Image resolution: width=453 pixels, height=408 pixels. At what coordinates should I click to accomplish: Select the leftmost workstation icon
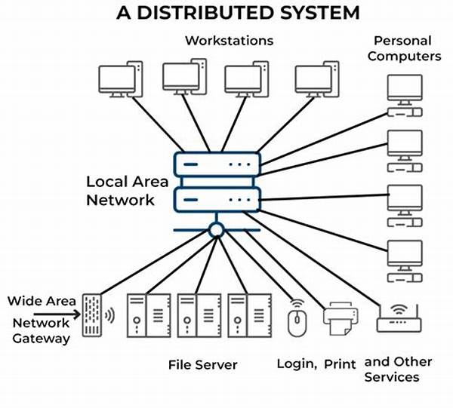[120, 79]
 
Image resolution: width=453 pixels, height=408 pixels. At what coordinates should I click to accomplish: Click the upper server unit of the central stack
[217, 164]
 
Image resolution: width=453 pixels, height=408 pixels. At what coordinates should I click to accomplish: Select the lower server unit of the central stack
[217, 199]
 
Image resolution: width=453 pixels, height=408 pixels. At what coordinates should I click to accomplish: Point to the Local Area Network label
[120, 191]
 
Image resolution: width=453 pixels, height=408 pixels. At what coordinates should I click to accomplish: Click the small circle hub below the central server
[217, 229]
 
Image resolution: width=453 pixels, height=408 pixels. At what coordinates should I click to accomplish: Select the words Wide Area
[42, 301]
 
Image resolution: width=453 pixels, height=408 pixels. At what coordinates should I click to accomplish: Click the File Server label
[202, 365]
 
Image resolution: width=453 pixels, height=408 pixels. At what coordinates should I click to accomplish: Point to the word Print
[340, 364]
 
